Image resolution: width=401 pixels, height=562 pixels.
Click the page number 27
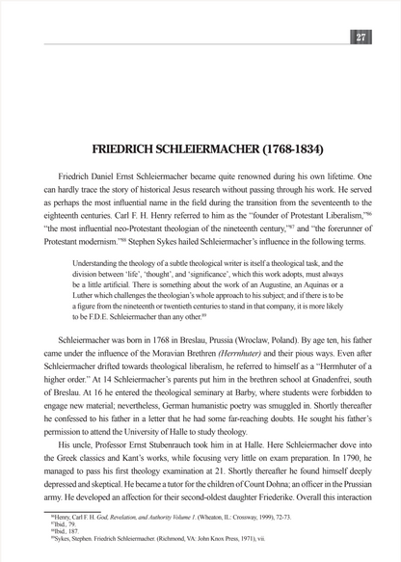click(x=361, y=38)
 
